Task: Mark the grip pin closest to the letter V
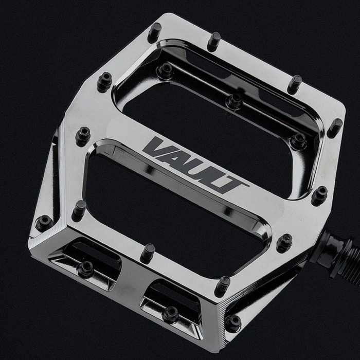click(82, 136)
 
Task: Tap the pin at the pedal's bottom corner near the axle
click(234, 322)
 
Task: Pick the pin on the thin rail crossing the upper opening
click(235, 99)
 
